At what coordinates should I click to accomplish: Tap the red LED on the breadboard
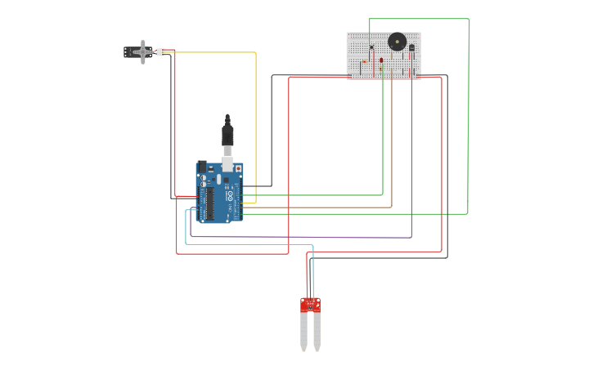point(381,60)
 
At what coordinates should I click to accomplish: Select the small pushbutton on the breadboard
point(371,47)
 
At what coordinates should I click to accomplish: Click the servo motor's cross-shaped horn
point(144,52)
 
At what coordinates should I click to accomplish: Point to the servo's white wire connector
point(160,52)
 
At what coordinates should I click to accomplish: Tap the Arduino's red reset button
point(238,168)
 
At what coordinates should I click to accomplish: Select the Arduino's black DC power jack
point(201,167)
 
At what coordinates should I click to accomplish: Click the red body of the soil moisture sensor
point(310,305)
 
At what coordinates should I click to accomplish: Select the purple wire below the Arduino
point(327,238)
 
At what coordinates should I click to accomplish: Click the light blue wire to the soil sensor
point(245,243)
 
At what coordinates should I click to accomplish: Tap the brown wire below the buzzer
point(392,139)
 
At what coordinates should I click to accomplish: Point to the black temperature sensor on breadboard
point(411,47)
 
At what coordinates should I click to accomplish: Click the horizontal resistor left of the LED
point(365,62)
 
